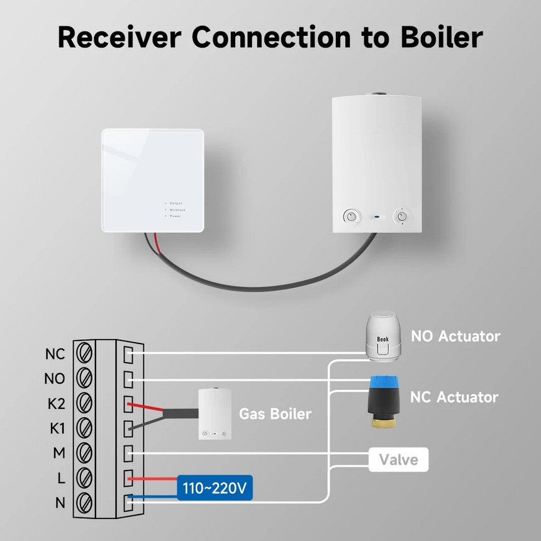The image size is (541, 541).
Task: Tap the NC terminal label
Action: [55, 354]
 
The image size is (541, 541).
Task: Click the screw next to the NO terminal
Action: [84, 377]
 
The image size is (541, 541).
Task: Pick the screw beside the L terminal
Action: [84, 477]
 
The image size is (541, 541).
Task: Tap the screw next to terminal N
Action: [84, 502]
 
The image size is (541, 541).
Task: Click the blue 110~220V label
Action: [215, 488]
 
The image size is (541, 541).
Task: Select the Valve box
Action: [399, 460]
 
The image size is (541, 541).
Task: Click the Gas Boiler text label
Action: [275, 414]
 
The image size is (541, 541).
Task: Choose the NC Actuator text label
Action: [454, 397]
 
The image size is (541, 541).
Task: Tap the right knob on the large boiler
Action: [401, 217]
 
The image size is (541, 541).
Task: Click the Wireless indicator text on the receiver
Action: [177, 209]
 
